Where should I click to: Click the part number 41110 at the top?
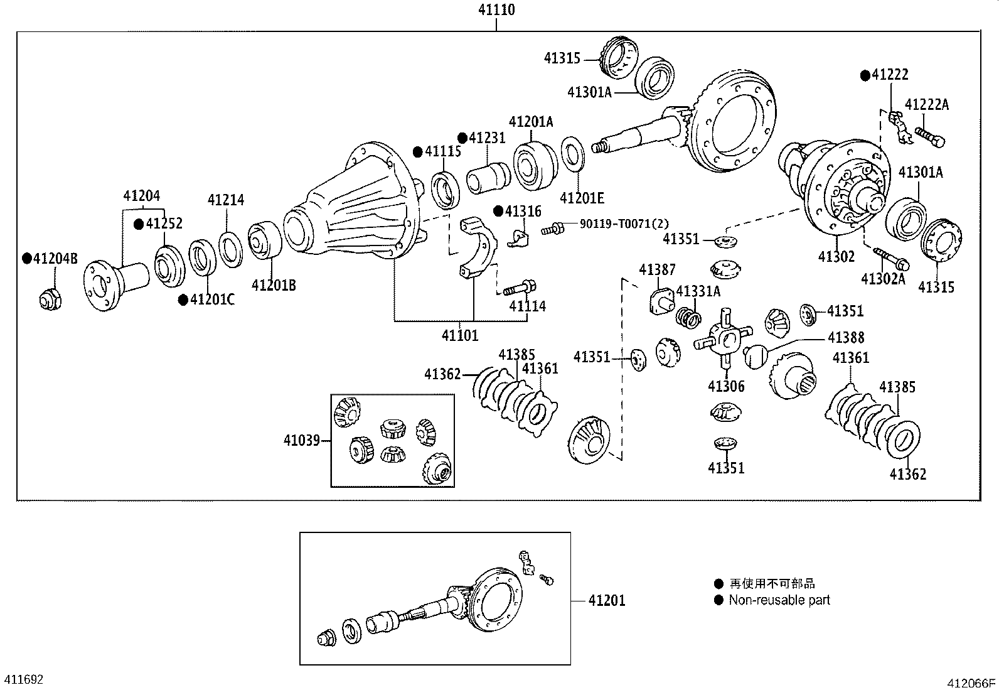tap(496, 10)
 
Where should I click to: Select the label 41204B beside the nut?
tap(55, 259)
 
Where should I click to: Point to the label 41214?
tap(226, 200)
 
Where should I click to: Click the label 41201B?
tap(274, 285)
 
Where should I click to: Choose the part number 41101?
tap(460, 335)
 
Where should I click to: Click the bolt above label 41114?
tap(520, 288)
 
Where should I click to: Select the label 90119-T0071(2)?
tap(624, 224)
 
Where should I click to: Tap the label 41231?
tap(487, 138)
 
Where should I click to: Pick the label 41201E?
tap(582, 198)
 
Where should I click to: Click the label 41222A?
tap(927, 104)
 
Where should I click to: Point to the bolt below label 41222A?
tap(930, 137)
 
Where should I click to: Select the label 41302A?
tap(883, 279)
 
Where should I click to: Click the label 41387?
tap(658, 269)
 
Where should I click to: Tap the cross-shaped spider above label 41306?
tap(723, 337)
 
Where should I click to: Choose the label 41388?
tap(846, 337)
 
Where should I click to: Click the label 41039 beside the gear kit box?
tap(302, 441)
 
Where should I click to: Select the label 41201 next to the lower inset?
tap(607, 601)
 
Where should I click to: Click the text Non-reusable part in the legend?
tap(779, 600)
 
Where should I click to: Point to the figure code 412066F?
tap(971, 683)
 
